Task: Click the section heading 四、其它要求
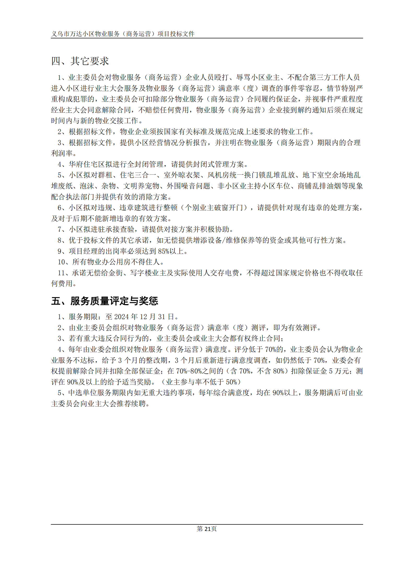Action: (80, 61)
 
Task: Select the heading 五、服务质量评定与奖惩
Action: (105, 301)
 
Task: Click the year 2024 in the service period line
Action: (122, 317)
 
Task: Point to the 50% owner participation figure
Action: (231, 382)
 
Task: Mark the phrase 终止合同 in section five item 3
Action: (266, 339)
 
